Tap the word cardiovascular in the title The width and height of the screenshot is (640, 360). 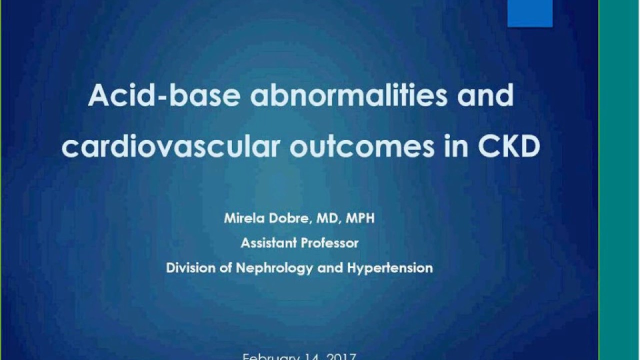pyautogui.click(x=170, y=147)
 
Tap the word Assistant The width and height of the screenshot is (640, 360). pyautogui.click(x=268, y=243)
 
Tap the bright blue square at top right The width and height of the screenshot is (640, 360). pyautogui.click(x=530, y=13)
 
